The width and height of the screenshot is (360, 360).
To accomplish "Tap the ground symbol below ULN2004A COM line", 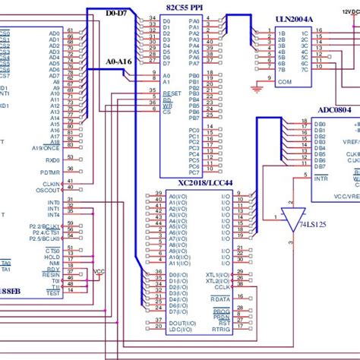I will (x=257, y=90).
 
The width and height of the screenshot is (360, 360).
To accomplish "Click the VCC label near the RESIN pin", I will (x=99, y=270).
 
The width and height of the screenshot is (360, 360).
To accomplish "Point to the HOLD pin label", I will (x=52, y=257).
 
